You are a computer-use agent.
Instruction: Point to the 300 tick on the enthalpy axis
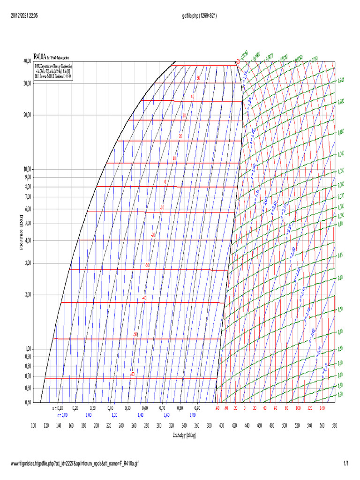click(x=159, y=425)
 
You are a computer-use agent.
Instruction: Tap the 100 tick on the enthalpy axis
click(x=34, y=425)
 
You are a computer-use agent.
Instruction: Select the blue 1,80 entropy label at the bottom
click(x=192, y=415)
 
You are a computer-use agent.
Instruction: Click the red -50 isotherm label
click(x=135, y=334)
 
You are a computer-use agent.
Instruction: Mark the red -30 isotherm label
click(x=147, y=265)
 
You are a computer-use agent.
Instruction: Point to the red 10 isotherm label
click(x=174, y=158)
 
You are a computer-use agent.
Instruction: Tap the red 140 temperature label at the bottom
click(x=322, y=408)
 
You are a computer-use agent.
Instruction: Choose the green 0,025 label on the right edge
click(x=341, y=81)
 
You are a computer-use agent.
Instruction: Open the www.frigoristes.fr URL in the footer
click(x=75, y=464)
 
